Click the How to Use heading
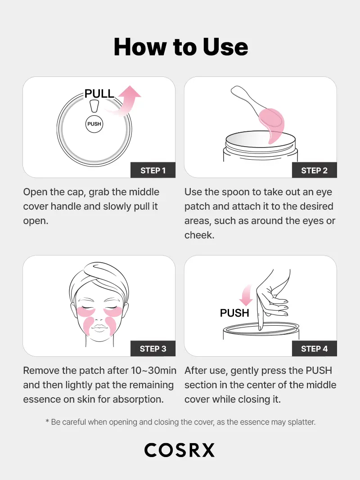(180, 47)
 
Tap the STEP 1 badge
(153, 170)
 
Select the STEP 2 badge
(314, 170)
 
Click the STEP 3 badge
(153, 349)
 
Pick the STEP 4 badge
(314, 349)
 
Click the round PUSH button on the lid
(94, 124)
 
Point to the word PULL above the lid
(99, 94)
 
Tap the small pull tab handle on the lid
(94, 106)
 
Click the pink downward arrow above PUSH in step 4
(245, 296)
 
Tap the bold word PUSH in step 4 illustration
(234, 313)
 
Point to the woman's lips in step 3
(99, 326)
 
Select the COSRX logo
(180, 450)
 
